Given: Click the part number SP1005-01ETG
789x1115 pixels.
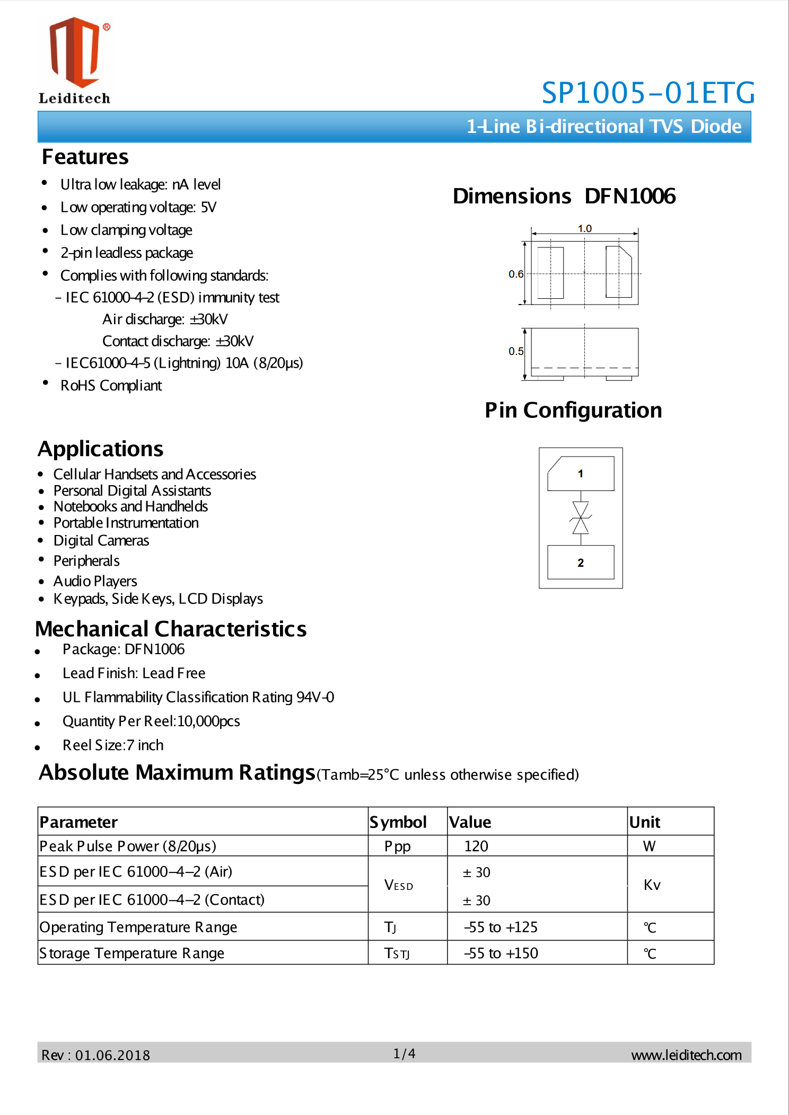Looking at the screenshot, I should [647, 93].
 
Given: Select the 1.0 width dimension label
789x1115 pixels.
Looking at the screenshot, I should [584, 228].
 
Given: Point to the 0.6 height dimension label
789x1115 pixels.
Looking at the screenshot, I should [515, 274].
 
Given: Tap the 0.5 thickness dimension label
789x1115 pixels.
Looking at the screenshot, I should [515, 351].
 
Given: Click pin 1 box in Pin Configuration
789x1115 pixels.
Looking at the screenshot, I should [581, 474].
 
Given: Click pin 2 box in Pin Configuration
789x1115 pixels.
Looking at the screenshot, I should [581, 563].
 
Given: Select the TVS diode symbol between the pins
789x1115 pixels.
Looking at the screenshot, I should [581, 518].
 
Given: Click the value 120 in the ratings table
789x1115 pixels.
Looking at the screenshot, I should [476, 846].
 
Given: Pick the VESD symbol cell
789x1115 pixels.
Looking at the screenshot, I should [399, 885].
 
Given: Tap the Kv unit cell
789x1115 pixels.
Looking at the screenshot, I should [652, 885].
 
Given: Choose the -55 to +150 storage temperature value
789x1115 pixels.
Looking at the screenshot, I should [501, 953].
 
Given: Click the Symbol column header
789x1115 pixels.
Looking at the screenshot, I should [398, 822].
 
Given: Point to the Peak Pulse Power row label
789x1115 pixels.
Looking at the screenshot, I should [128, 846].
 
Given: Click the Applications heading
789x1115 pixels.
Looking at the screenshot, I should [101, 449].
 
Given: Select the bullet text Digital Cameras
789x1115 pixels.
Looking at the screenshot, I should [101, 540].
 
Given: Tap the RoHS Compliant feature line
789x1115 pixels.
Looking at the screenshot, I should [111, 386].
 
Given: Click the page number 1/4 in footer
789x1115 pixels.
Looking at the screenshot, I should [404, 1054].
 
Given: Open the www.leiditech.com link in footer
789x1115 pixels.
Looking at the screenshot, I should [686, 1055].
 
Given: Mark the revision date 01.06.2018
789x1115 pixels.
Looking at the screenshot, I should [112, 1055].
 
